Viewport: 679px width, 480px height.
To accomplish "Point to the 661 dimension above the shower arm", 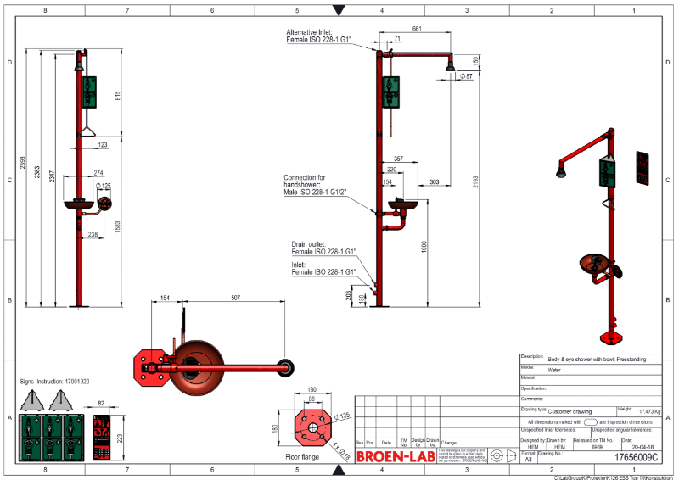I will tap(417, 29).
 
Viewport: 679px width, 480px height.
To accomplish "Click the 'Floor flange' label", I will tap(303, 455).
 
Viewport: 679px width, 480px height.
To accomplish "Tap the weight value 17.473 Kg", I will tap(649, 409).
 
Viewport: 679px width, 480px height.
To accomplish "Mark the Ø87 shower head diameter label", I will tap(466, 77).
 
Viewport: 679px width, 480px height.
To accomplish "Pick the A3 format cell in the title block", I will tap(528, 458).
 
